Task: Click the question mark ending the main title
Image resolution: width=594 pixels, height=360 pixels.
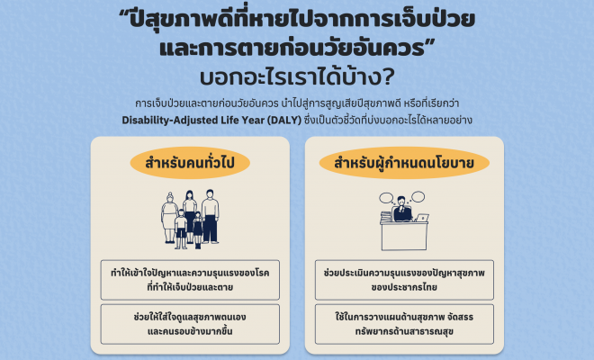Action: coord(386,76)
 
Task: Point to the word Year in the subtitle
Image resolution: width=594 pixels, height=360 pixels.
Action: coord(253,121)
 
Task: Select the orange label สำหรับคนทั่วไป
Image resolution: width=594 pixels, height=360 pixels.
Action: coord(190,163)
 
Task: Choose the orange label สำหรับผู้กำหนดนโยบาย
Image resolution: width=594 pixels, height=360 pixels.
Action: coord(404,163)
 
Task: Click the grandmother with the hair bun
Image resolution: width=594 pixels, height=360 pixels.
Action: coord(169,217)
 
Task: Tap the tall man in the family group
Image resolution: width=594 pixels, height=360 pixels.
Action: coord(211,216)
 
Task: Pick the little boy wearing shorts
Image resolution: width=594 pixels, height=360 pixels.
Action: coord(181,229)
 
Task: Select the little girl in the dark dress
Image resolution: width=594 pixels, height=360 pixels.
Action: coord(198,230)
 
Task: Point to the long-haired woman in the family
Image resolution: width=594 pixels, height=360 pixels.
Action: coord(189,214)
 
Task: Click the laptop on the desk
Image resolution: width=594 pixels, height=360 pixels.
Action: coord(422,218)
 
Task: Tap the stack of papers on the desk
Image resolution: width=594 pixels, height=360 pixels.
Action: coord(385,217)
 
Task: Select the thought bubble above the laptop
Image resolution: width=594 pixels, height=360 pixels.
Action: coord(418,197)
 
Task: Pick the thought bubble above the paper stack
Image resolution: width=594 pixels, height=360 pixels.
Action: coord(386,198)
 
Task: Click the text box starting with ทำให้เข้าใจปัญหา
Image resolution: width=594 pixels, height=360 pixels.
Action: coord(190,280)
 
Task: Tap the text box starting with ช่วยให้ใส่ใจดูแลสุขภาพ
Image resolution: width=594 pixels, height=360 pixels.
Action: coord(190,324)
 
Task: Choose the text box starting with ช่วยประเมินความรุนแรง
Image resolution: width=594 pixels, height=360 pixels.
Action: coord(404,280)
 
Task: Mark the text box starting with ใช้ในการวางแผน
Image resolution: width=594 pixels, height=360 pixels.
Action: coord(404,324)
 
